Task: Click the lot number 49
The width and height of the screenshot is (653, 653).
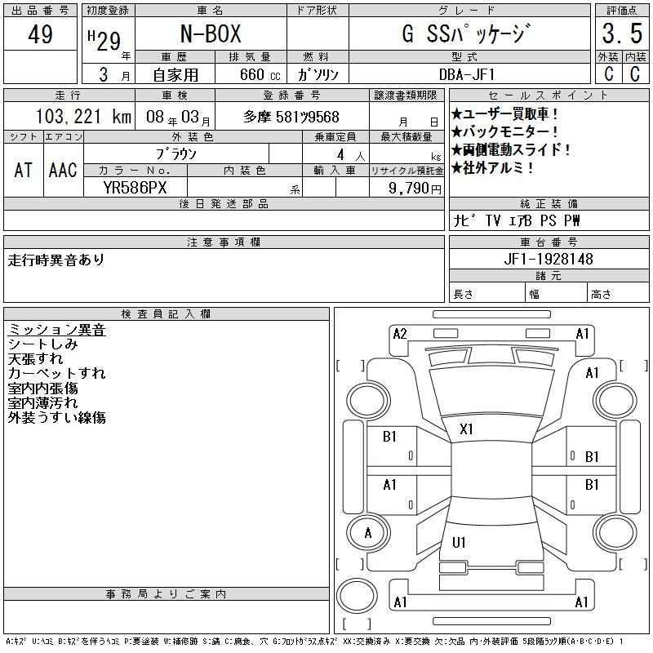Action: [40, 34]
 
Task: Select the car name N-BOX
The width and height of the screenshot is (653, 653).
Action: [211, 33]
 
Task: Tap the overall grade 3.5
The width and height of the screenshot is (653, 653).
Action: [622, 33]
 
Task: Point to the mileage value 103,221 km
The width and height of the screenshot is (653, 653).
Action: [83, 117]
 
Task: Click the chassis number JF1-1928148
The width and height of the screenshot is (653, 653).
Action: [549, 259]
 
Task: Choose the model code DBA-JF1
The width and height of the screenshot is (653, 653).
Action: [467, 74]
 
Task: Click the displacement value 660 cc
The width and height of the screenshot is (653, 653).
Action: [260, 74]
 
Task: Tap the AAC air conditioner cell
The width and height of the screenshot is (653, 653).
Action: [63, 170]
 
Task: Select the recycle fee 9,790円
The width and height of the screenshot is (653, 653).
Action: [415, 189]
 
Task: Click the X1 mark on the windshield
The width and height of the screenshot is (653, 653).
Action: [466, 429]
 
